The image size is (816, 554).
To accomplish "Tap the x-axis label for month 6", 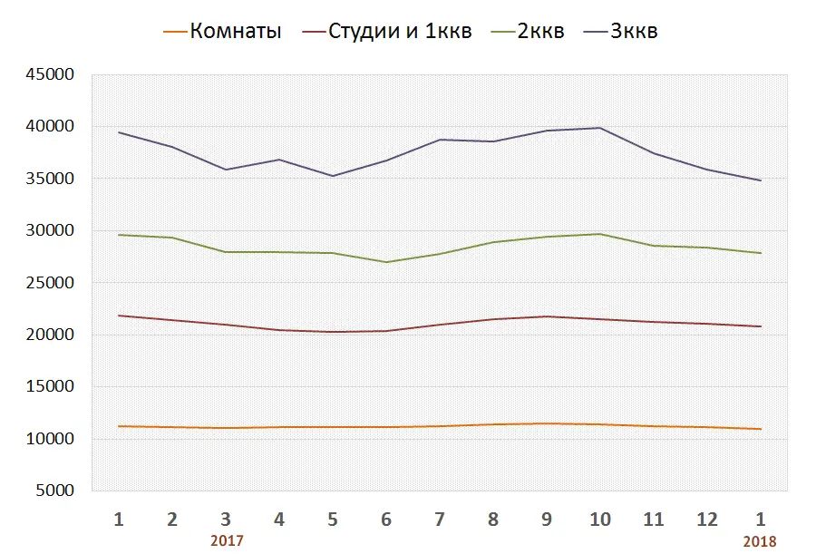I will (x=386, y=520).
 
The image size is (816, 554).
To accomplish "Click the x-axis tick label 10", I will (x=600, y=520).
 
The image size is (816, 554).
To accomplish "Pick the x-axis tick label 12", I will (x=707, y=520).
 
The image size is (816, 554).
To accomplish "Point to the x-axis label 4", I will (x=279, y=520).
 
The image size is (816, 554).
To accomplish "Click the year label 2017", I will (x=227, y=540).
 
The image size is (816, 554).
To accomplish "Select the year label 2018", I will (x=760, y=540).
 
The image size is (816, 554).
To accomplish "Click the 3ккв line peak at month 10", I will (x=600, y=128).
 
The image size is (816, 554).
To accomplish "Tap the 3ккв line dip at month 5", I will (x=333, y=176).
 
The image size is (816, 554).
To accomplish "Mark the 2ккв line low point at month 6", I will (x=386, y=262).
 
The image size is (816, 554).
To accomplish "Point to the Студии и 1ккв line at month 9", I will (x=547, y=316).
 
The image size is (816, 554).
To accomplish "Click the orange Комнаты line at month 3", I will (x=226, y=428).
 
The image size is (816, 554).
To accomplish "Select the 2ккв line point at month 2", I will (x=172, y=238).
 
